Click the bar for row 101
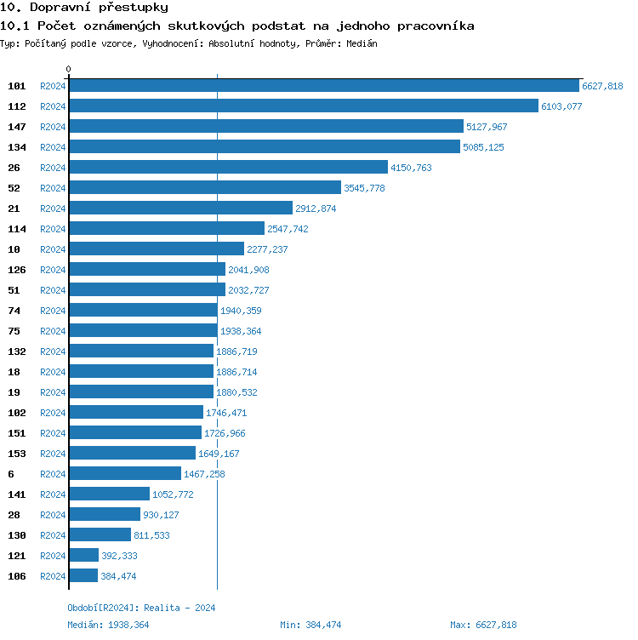[323, 86]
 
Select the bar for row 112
[304, 106]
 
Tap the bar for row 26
[228, 168]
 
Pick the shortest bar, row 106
[83, 576]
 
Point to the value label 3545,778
[364, 188]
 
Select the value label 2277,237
[267, 249]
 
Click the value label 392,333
[119, 556]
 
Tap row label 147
[17, 127]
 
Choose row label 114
[17, 229]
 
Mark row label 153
[17, 454]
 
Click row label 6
[11, 474]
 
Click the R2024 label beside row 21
[53, 209]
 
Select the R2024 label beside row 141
[53, 494]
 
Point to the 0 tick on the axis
[69, 69]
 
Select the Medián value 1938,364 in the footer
[130, 625]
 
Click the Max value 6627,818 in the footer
[496, 625]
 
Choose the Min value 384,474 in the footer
[321, 625]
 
